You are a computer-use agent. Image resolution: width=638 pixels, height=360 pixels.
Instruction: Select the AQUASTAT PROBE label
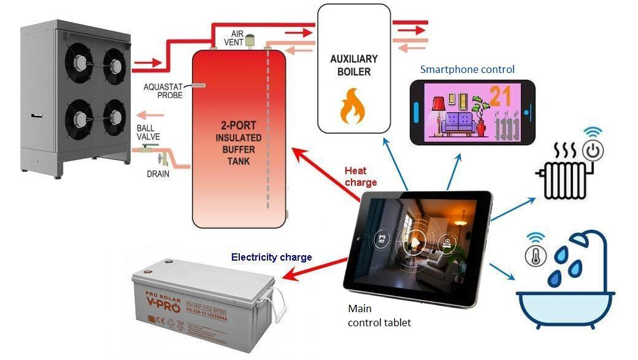161,91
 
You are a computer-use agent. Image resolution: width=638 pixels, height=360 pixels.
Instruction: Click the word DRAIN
158,174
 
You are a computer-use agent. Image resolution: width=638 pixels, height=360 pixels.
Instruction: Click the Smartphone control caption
467,69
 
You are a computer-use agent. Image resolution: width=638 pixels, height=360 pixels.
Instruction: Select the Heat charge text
361,176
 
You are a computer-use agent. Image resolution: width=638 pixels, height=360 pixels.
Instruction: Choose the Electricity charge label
271,257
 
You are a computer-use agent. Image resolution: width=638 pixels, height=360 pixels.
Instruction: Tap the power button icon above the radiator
593,150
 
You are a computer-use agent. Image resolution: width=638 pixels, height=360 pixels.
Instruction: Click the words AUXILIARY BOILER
353,65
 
